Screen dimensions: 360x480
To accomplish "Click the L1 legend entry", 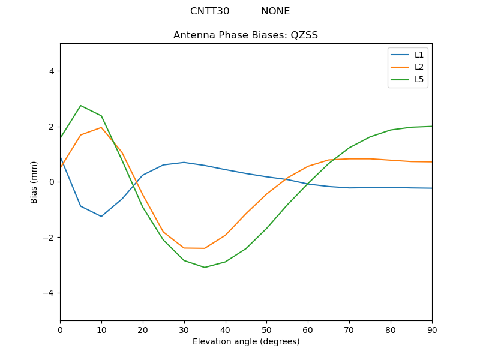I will [419, 55].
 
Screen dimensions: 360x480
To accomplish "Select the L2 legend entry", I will [419, 67].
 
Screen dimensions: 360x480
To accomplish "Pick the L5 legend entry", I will [419, 79].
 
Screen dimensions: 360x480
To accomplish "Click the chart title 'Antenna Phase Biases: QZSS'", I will [245, 35].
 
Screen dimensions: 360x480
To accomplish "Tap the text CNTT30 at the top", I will [209, 11].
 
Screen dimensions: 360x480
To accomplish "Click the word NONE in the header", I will [275, 11].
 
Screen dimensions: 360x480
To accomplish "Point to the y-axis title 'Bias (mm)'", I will [34, 182].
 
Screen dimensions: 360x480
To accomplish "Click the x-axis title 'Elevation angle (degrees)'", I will [246, 341].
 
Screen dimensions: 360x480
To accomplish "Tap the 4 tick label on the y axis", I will [51, 71].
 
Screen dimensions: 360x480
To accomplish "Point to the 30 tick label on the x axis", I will [184, 329].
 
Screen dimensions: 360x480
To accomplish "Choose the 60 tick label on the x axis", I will [308, 329].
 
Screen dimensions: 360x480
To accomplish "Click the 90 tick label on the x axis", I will [431, 329].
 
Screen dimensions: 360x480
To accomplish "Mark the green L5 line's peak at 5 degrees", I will [81, 106].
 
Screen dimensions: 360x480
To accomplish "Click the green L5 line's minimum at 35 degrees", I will [205, 268].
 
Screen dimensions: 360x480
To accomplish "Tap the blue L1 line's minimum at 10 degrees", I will [101, 217].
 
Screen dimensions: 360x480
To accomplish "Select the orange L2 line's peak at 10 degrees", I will [101, 127].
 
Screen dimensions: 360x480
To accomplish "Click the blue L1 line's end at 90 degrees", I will [431, 188].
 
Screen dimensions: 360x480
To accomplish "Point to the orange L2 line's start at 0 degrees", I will [61, 167].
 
